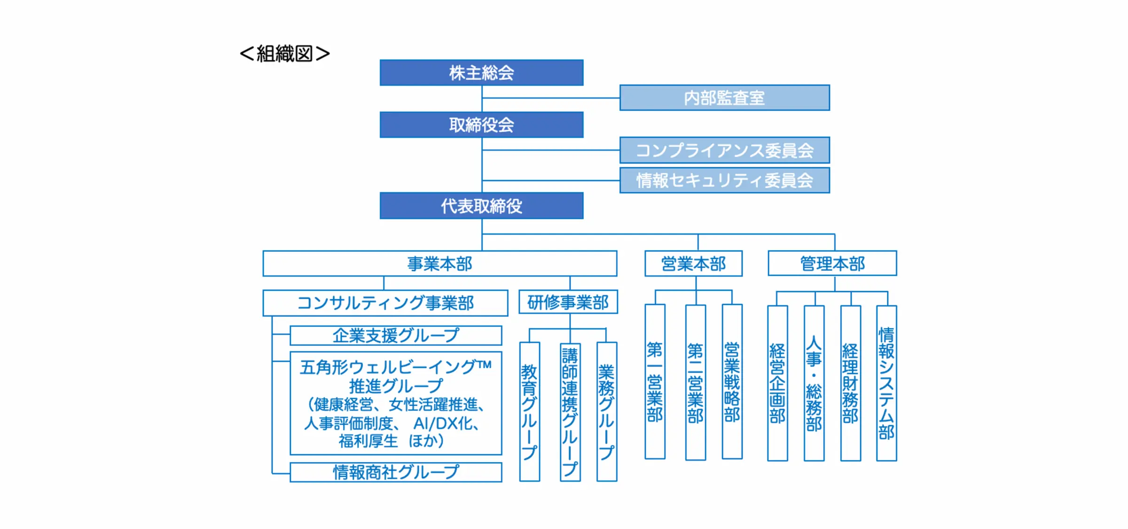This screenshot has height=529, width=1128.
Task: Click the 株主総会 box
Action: [481, 72]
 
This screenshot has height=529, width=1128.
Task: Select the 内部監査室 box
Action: [724, 98]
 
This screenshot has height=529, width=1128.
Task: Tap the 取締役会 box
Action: [481, 124]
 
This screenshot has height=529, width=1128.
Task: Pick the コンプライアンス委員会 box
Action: [724, 150]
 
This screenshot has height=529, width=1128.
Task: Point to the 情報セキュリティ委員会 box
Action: [724, 180]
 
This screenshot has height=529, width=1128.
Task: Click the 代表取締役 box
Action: [481, 206]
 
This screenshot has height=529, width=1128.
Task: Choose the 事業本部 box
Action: [439, 264]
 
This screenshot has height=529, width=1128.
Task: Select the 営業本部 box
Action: [693, 264]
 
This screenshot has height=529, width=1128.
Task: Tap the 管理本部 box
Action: [832, 264]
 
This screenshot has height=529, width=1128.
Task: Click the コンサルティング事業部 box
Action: [385, 303]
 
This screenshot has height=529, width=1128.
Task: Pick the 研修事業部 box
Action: [568, 302]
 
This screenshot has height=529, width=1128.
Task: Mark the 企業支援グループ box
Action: [396, 335]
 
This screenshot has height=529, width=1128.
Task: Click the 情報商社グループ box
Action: [396, 472]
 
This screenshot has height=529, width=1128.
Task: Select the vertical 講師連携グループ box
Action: [570, 412]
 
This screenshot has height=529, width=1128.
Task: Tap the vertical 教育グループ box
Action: [529, 412]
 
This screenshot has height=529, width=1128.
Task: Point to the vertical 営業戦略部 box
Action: [732, 381]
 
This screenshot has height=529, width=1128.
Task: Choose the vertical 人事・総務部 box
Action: [814, 383]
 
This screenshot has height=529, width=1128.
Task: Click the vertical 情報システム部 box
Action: [886, 383]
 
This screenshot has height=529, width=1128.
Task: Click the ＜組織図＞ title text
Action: [285, 54]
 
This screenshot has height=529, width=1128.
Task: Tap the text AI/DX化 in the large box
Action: [445, 424]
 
